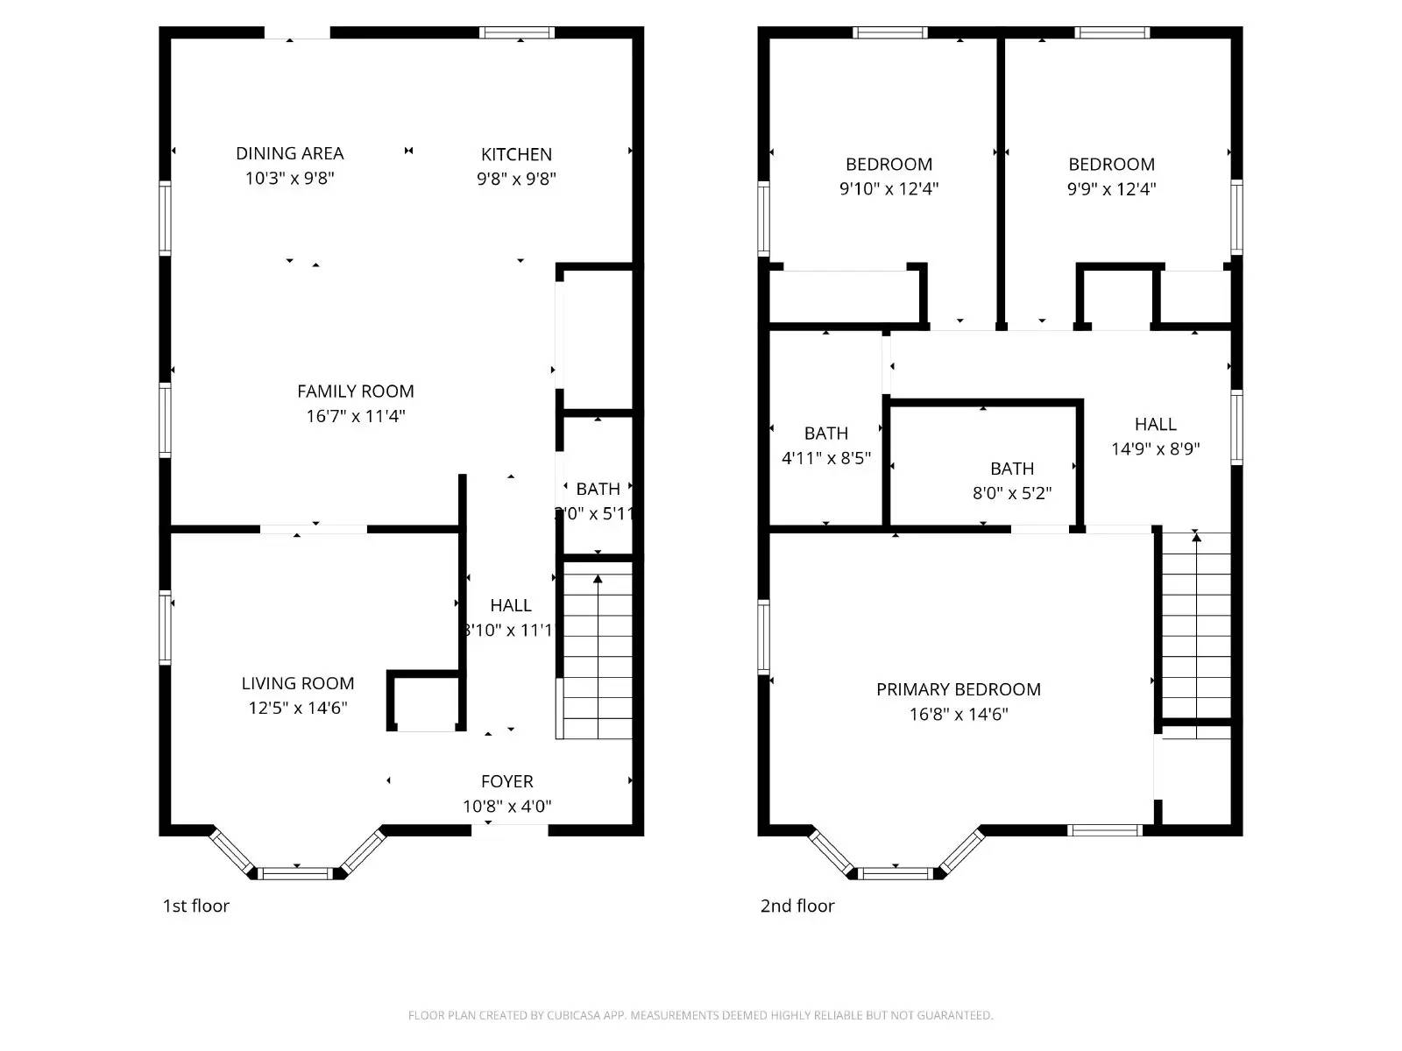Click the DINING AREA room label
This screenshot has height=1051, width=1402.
coord(289,153)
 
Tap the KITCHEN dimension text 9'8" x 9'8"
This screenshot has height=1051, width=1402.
coord(516,179)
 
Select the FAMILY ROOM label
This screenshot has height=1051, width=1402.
coord(355,391)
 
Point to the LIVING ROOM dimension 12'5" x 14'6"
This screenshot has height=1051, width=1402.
coord(298,708)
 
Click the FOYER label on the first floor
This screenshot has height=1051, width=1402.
coord(506,781)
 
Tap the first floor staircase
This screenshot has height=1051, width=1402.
coord(597,652)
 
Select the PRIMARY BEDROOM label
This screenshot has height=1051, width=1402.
coord(958,689)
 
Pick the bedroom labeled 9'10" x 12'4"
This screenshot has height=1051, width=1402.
coord(889,175)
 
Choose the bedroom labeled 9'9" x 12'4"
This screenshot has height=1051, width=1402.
coord(1111,175)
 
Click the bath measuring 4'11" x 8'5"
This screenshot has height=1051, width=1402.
coord(825,445)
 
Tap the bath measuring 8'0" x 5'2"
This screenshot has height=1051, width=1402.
coord(1011,480)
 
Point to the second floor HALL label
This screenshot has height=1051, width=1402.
coord(1155,425)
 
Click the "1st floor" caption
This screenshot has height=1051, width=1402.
coord(195,906)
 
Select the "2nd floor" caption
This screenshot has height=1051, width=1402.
coord(797,906)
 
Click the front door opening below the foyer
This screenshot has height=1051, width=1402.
coord(510,830)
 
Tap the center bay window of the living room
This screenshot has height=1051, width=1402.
coord(297,872)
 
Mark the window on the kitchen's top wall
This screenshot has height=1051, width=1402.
coord(517,33)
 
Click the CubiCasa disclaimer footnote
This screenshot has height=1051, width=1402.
coord(700,1015)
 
